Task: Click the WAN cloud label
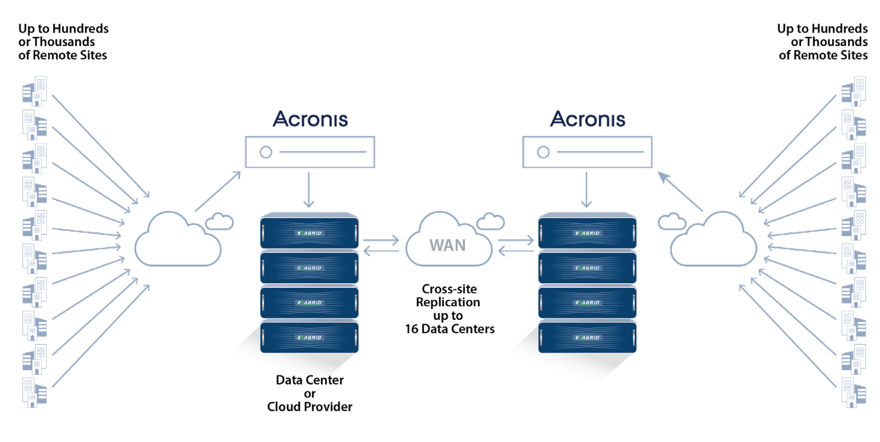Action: (447, 245)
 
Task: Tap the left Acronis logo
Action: (311, 119)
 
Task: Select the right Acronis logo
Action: (588, 119)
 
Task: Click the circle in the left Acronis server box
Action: (266, 152)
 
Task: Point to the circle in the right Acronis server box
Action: (543, 152)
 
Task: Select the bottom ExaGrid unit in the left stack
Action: (309, 337)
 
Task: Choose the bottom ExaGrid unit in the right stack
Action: (587, 337)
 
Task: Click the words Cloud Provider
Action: (309, 407)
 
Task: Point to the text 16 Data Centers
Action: (450, 329)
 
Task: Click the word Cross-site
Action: (450, 289)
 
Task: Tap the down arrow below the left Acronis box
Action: (309, 190)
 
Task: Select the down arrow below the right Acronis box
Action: (586, 190)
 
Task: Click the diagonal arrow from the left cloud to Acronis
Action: (217, 191)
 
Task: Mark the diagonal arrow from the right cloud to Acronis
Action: (680, 191)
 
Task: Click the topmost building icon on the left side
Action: (35, 91)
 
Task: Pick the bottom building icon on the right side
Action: (854, 393)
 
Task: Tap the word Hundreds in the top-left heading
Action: (80, 29)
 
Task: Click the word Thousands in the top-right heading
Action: (836, 42)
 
